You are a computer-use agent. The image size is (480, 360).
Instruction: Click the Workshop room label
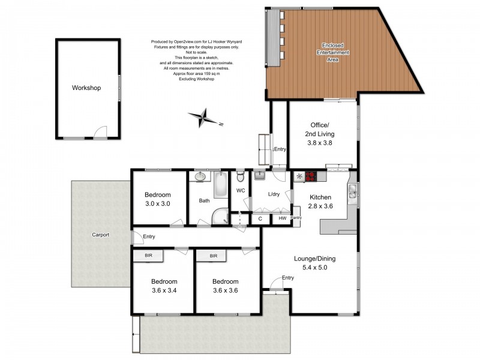(86, 88)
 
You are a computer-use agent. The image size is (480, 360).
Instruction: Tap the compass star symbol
(203, 118)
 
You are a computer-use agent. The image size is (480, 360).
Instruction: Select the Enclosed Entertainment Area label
(333, 52)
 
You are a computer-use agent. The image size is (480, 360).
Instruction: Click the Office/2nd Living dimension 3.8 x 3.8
(320, 143)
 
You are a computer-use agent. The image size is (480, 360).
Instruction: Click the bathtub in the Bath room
(221, 185)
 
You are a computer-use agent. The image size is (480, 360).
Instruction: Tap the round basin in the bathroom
(200, 176)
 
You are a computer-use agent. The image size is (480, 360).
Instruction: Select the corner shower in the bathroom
(221, 217)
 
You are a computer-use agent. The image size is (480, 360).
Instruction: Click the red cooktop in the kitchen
(310, 176)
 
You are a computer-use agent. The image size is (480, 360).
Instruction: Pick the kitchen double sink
(352, 191)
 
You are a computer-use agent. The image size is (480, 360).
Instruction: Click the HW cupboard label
(282, 218)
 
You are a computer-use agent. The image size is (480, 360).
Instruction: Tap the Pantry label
(296, 218)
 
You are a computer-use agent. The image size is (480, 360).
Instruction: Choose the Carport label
(100, 235)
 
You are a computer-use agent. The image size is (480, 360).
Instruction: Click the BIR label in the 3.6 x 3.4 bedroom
(148, 256)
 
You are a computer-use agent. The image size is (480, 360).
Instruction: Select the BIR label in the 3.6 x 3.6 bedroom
(214, 256)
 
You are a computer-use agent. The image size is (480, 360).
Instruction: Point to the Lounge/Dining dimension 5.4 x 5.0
(314, 268)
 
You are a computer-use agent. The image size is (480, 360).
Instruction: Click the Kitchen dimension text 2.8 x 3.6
(320, 206)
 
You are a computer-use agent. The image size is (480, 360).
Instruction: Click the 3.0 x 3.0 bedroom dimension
(158, 203)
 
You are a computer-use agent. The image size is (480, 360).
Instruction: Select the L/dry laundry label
(274, 194)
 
